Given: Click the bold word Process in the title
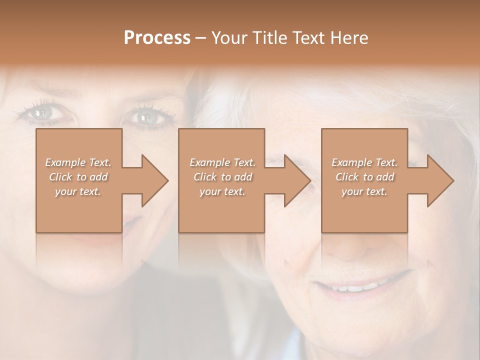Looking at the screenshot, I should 157,38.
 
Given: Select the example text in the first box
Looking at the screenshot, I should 78,177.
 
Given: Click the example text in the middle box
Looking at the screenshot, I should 222,177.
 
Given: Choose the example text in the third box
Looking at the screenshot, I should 364,177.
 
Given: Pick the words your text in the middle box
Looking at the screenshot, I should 222,191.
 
